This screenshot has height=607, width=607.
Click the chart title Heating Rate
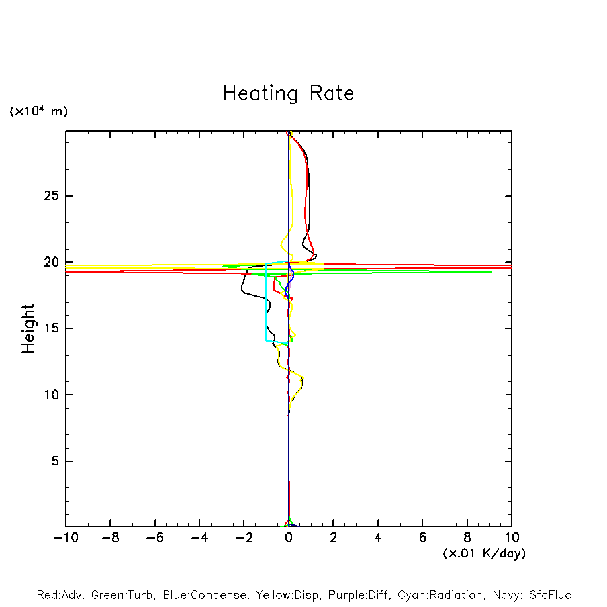(288, 93)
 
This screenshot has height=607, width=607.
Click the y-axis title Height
(28, 328)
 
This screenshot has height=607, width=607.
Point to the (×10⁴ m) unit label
(38, 111)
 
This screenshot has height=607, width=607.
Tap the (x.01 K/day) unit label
(483, 553)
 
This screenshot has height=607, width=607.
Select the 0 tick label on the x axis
(289, 539)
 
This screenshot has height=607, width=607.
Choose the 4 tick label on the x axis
(378, 539)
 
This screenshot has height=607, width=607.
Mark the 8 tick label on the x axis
(467, 539)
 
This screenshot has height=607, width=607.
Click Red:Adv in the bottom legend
(60, 595)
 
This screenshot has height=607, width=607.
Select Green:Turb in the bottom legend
(123, 595)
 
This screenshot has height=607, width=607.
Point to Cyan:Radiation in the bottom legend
(440, 595)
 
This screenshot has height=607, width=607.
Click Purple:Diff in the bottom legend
(358, 595)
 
